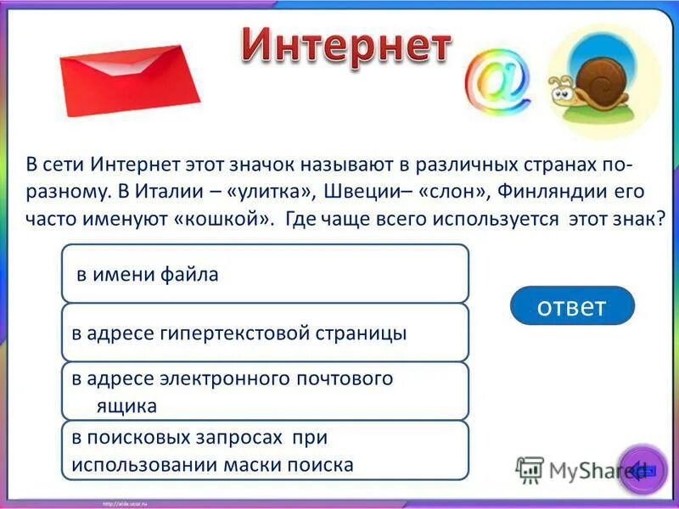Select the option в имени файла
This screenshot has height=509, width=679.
pos(265,274)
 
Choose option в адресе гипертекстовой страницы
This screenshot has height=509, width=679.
pos(265,333)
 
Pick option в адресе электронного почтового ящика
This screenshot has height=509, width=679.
pos(265,391)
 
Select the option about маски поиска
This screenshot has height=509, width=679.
pos(265,450)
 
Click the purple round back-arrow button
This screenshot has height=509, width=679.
pos(642,468)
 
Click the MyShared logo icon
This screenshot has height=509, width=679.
pos(530,469)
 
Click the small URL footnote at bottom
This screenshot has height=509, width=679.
pos(128,503)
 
